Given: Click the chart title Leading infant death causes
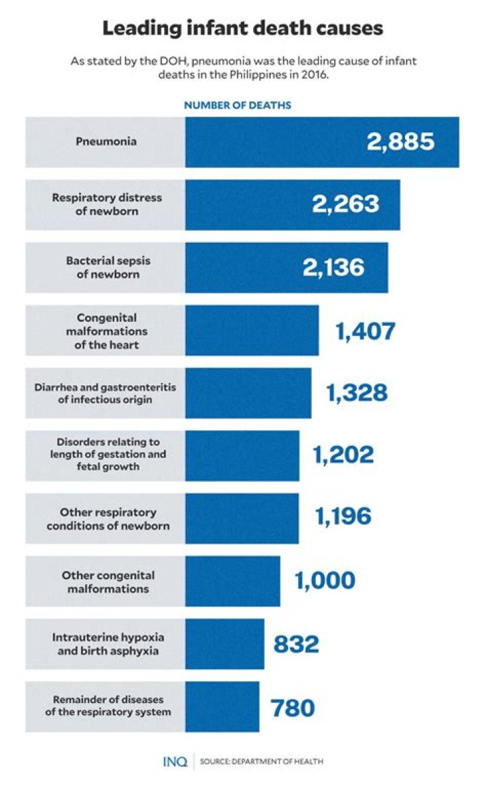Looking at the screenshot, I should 243,28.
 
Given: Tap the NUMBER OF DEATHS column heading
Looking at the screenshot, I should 238,105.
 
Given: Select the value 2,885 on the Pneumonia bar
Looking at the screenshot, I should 400,142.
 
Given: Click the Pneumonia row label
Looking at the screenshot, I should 106,142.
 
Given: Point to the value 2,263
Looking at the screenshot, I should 345,204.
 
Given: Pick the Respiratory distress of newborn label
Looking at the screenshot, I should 107,204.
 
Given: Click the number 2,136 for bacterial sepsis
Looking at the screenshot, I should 333,267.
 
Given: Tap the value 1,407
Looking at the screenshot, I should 365,331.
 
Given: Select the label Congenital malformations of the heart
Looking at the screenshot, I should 107,331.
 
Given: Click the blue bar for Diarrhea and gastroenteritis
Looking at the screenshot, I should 248,393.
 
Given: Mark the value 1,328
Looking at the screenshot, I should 357,393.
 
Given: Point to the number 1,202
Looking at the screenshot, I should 343,455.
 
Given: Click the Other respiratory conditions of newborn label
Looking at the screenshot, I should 107,519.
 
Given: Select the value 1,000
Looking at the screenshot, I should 325,581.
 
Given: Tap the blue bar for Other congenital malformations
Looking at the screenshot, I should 232,581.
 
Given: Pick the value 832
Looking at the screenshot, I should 296,644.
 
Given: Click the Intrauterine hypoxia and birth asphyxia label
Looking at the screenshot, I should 108,644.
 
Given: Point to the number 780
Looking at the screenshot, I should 293,707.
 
